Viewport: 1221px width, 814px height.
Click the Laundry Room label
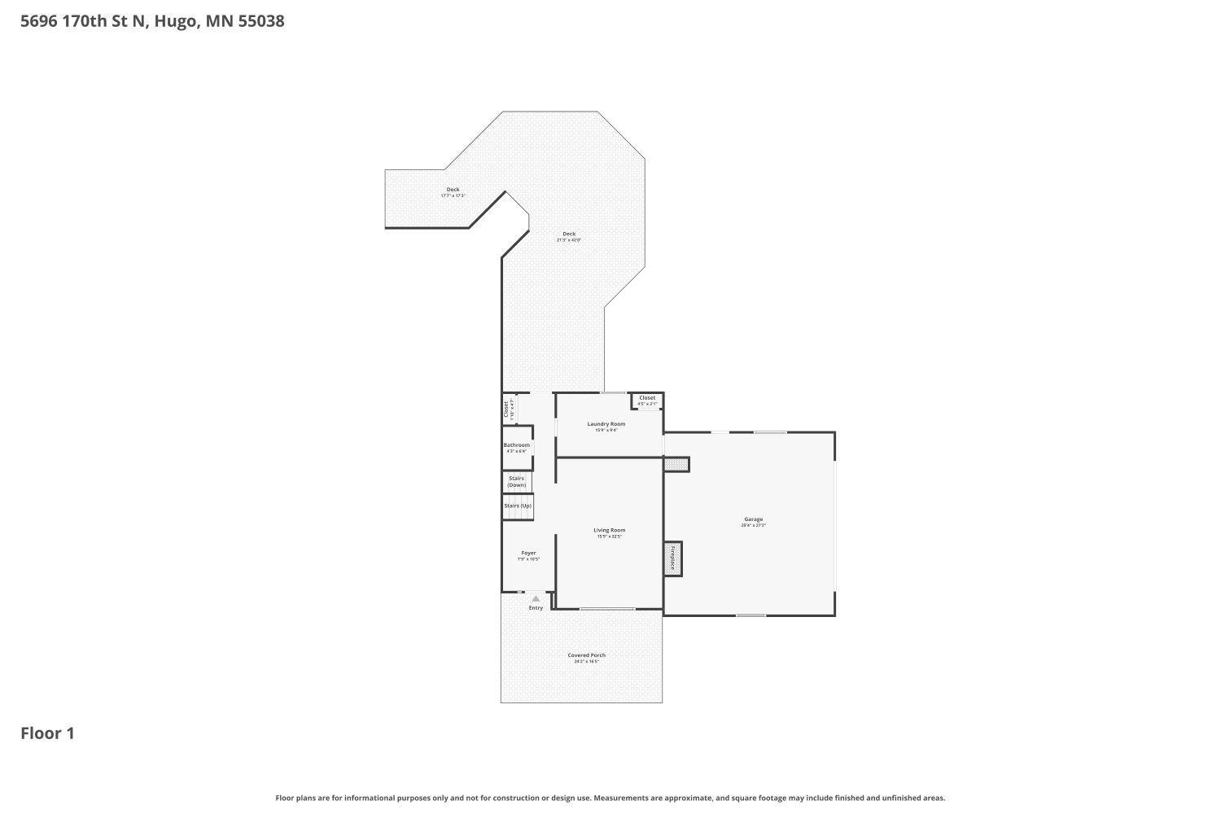(x=606, y=424)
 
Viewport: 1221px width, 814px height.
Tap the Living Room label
(x=609, y=531)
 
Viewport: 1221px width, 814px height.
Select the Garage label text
(x=753, y=519)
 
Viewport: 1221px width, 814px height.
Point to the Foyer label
(x=528, y=554)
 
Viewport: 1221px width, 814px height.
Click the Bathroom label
(x=516, y=445)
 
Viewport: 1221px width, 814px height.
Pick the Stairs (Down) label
(x=516, y=482)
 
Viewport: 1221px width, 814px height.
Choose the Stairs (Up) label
(x=517, y=506)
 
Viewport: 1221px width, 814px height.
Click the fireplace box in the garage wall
(x=673, y=558)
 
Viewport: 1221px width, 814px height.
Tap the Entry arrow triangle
(x=536, y=599)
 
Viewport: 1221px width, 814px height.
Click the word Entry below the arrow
(x=536, y=608)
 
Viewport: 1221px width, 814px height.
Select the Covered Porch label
(x=586, y=655)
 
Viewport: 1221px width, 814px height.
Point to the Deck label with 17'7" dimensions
(x=453, y=190)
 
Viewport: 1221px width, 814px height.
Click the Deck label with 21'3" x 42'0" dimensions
(x=569, y=234)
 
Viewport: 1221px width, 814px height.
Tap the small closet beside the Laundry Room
(x=647, y=400)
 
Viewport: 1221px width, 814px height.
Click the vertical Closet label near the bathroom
(x=505, y=408)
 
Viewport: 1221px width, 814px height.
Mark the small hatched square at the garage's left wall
(x=676, y=464)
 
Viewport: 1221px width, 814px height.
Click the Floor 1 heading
(x=47, y=733)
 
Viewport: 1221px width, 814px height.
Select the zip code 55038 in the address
(x=261, y=21)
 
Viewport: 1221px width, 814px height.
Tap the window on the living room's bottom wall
(x=607, y=609)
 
